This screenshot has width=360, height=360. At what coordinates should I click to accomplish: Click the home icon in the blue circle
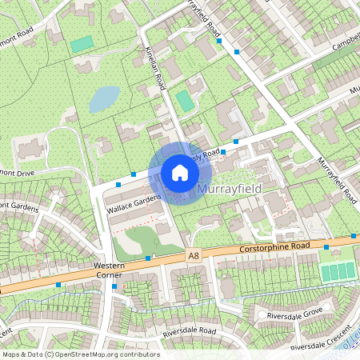(180, 172)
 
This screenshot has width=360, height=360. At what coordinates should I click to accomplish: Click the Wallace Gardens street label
(134, 202)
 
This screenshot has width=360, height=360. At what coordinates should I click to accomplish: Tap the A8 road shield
(193, 255)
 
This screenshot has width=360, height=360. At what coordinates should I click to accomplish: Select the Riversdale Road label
(190, 330)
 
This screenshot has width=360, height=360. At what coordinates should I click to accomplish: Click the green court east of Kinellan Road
(185, 101)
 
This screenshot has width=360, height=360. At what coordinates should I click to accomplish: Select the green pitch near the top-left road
(82, 44)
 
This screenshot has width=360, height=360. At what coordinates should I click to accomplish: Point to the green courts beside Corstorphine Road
(337, 271)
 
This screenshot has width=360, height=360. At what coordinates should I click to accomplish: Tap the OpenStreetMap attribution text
(81, 354)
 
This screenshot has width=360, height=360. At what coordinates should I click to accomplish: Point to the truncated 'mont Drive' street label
(18, 171)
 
